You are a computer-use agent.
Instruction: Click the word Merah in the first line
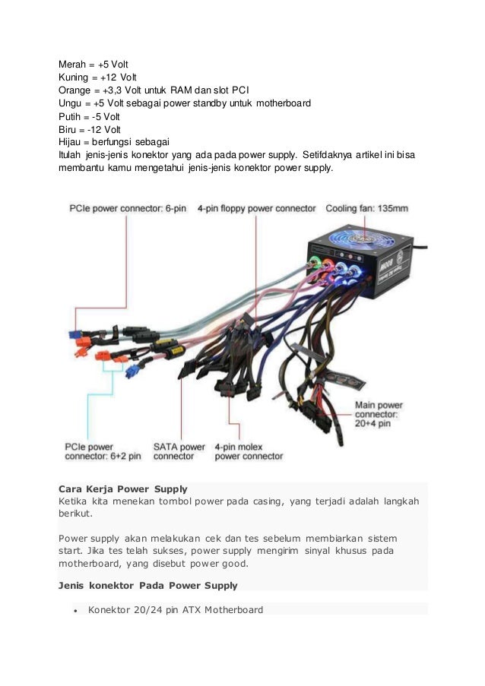coord(73,64)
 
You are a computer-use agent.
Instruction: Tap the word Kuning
coord(74,77)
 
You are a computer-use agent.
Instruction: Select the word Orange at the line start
coord(75,90)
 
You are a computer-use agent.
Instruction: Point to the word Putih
coord(70,116)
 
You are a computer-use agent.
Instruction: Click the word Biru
coord(68,129)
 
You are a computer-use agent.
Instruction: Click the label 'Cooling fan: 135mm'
coord(367,207)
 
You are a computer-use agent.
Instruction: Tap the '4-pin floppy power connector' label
coord(256,207)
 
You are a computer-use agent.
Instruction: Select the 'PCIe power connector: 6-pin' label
coord(128,207)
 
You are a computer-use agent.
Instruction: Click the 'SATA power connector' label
coord(179,451)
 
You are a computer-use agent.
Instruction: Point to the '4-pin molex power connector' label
coord(249,451)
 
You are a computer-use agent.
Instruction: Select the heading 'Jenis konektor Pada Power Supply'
coord(147,586)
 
